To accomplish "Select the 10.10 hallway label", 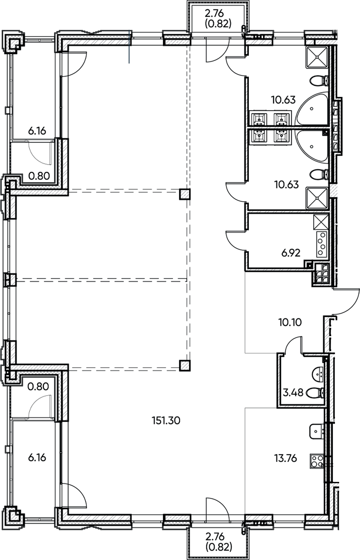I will pyautogui.click(x=289, y=322).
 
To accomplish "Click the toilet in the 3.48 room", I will pyautogui.click(x=315, y=393).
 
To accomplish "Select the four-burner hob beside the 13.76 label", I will pyautogui.click(x=317, y=461).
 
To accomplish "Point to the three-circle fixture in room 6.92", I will pyautogui.click(x=322, y=244).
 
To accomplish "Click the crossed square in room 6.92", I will pyautogui.click(x=321, y=220).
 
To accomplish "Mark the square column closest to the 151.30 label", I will pyautogui.click(x=185, y=365).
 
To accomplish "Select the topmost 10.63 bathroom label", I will pyautogui.click(x=284, y=100).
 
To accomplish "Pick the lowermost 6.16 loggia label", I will pyautogui.click(x=37, y=457).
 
